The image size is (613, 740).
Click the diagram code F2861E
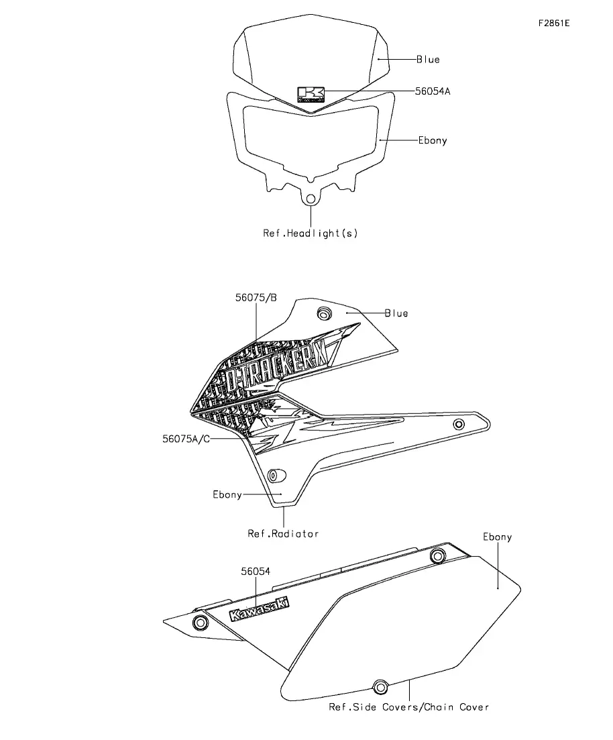click(554, 23)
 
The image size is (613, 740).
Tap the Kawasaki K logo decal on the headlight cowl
click(311, 94)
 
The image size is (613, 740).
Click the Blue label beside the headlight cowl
click(428, 60)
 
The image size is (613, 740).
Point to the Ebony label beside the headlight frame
click(432, 140)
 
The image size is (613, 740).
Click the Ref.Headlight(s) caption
click(311, 233)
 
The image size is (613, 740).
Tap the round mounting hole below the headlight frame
click(310, 199)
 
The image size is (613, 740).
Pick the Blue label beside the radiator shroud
click(396, 313)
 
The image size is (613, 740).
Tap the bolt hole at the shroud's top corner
click(324, 314)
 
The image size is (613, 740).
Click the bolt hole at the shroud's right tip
click(459, 424)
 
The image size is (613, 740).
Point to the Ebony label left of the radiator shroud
click(227, 494)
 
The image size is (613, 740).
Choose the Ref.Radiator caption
click(283, 533)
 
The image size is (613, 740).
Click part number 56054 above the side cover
click(256, 572)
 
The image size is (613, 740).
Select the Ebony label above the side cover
click(497, 537)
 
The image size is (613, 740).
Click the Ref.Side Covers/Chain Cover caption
click(408, 707)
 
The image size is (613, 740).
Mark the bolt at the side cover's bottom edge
click(380, 687)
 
